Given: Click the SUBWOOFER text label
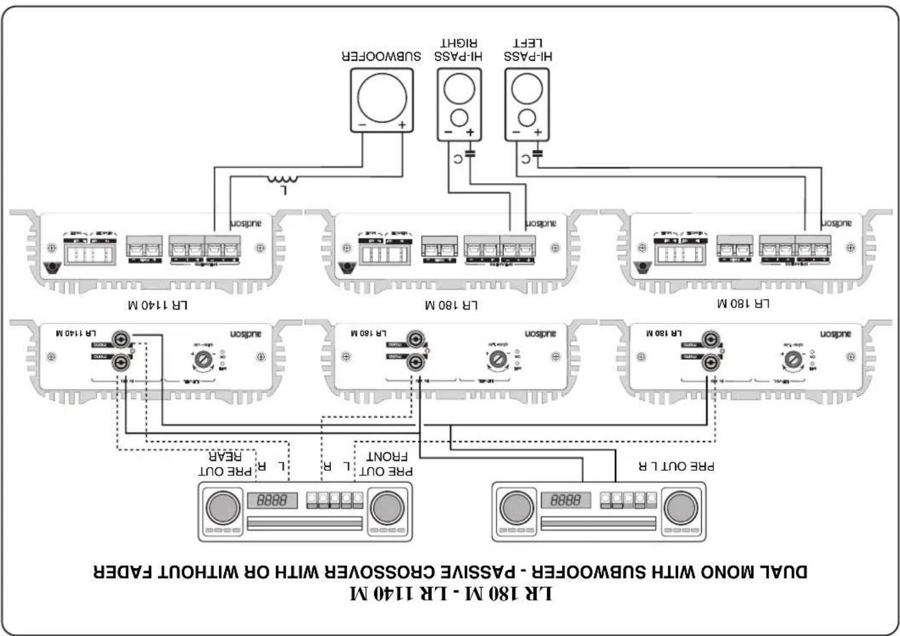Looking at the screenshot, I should (381, 56).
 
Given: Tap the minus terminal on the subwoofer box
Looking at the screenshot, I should (361, 125).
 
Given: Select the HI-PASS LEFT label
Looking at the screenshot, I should (528, 50).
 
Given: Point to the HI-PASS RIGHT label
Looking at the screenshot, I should (459, 50).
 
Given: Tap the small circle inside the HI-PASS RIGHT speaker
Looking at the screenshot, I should (459, 118).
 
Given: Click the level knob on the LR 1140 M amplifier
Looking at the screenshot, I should (203, 359).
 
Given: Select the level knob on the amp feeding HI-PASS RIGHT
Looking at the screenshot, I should (497, 359).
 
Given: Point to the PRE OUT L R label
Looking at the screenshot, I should (676, 466).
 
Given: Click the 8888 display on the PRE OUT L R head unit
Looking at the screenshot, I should (565, 500).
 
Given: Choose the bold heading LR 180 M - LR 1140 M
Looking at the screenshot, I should (451, 594).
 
